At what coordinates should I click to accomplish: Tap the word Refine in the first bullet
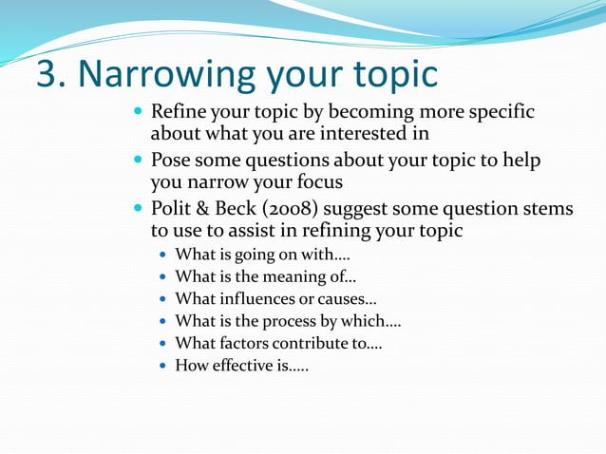click(183, 112)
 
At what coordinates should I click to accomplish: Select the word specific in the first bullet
click(500, 112)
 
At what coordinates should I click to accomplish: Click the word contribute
click(315, 343)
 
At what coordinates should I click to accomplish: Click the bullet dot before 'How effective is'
click(163, 366)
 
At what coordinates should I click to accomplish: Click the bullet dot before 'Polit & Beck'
click(139, 209)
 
